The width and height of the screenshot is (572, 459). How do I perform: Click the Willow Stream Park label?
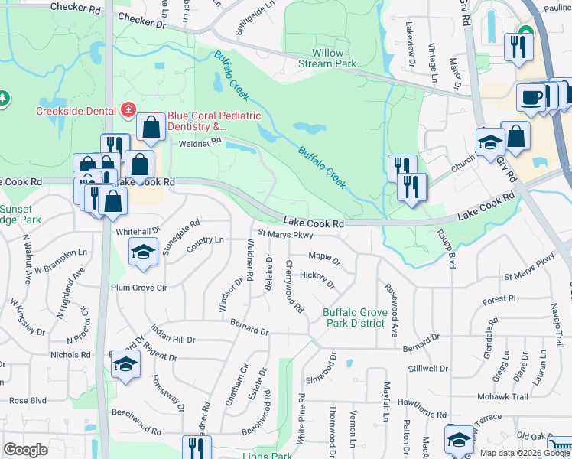(333, 58)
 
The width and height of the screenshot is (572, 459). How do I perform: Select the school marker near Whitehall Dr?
(142, 252)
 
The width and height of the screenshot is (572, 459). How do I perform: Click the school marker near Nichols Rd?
(125, 365)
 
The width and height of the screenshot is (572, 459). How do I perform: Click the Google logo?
(26, 450)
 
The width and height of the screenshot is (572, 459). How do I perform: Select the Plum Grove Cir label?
(138, 288)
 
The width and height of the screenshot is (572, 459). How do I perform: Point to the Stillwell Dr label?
(428, 368)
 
